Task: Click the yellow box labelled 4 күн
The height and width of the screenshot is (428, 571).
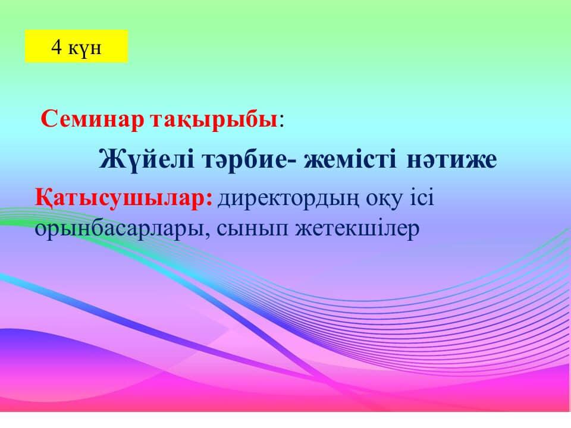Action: [77, 46]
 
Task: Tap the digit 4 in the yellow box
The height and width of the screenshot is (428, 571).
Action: [57, 46]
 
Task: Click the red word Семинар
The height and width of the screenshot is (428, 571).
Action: [93, 119]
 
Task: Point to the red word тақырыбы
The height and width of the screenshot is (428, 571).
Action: [214, 121]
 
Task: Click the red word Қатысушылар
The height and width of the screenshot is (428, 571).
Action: [124, 199]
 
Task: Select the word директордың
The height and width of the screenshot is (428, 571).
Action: [288, 200]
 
